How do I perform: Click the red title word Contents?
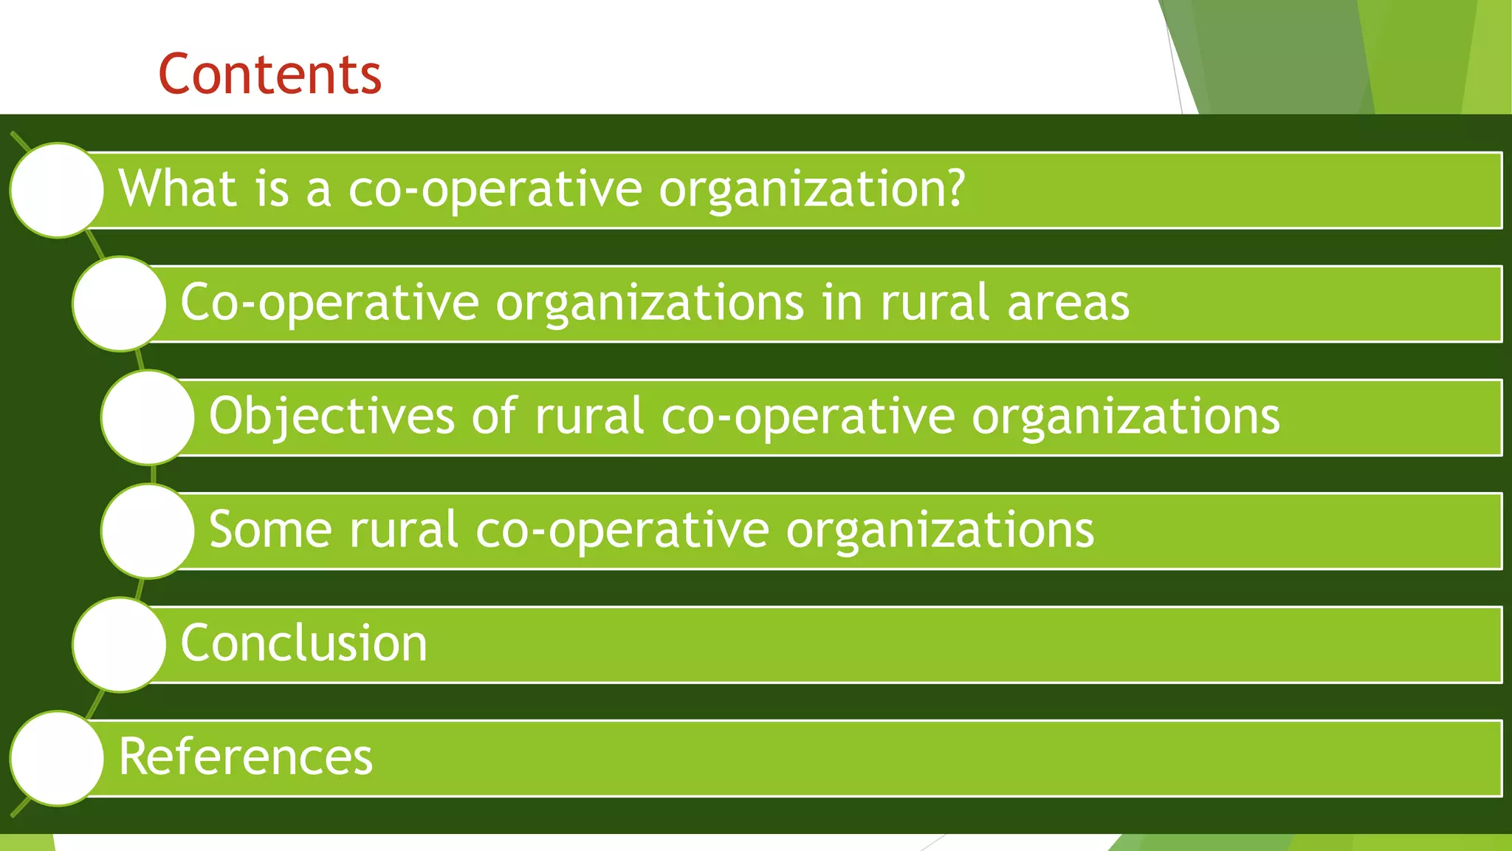tap(269, 75)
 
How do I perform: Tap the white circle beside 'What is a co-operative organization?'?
tap(57, 190)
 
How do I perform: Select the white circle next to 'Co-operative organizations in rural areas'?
tap(119, 304)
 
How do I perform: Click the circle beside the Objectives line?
tap(148, 417)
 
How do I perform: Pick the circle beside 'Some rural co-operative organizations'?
tap(148, 530)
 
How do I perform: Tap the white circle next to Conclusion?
tap(119, 644)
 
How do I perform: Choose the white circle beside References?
tap(57, 758)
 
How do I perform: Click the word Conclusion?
tap(303, 643)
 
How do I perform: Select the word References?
tap(246, 756)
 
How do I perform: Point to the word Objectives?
tap(331, 416)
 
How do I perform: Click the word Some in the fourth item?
tap(270, 530)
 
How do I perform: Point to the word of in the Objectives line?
tap(494, 416)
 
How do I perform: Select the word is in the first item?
tap(271, 188)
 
